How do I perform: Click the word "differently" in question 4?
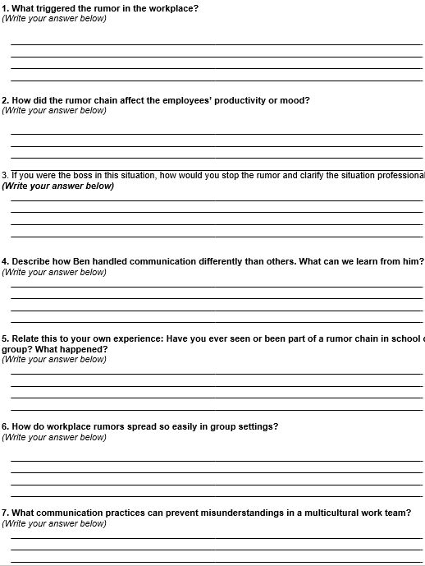[222, 262]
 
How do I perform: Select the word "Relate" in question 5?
[26, 339]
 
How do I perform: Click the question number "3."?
[5, 176]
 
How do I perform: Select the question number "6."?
[5, 427]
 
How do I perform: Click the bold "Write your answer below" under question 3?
[58, 186]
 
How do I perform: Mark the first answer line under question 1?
[216, 44]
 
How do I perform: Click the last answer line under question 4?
[216, 321]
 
